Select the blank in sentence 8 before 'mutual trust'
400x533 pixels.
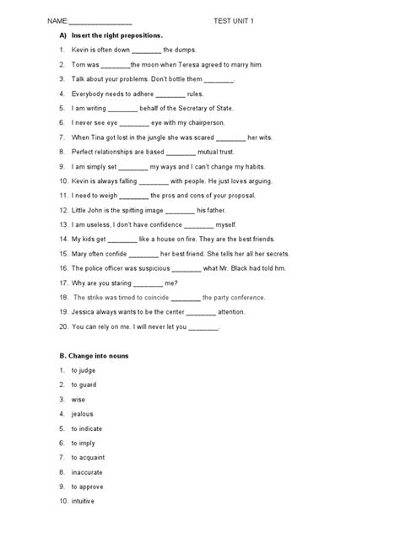pyautogui.click(x=181, y=152)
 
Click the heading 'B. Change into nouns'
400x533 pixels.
pyautogui.click(x=94, y=355)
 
